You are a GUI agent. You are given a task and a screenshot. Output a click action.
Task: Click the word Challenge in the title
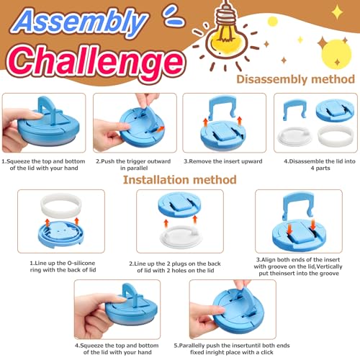tap(96, 62)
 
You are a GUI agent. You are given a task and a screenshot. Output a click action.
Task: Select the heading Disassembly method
tap(295, 79)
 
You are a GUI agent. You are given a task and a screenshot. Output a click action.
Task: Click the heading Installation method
tap(179, 180)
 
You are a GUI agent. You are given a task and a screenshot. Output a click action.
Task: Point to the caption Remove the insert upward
tap(223, 161)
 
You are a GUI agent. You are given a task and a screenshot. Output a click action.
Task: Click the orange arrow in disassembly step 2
tap(158, 130)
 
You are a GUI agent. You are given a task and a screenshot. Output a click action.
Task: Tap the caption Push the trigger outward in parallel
tap(133, 164)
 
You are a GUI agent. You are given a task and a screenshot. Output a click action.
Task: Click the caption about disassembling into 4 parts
tap(320, 164)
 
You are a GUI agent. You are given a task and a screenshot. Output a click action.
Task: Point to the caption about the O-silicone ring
tap(63, 266)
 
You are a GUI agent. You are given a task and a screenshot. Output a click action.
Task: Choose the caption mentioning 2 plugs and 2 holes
tap(175, 267)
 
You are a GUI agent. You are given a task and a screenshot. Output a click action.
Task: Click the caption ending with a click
tap(232, 348)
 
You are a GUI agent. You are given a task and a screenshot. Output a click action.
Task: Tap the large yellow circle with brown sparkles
tap(336, 54)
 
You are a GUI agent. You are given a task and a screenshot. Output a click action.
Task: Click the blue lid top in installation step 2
tap(179, 204)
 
